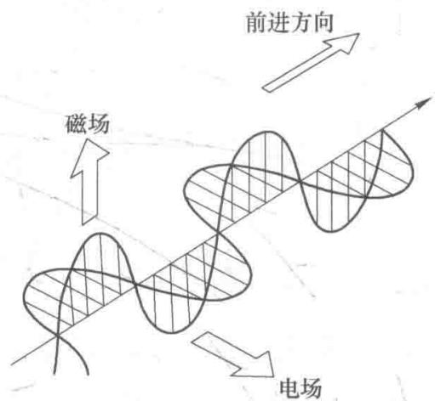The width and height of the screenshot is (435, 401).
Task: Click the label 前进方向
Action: [289, 22]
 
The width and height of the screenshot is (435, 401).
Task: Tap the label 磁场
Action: [88, 124]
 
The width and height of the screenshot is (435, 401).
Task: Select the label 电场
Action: [300, 387]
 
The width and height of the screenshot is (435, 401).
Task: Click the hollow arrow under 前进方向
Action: [311, 62]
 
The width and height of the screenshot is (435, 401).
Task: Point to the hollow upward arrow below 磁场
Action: [89, 182]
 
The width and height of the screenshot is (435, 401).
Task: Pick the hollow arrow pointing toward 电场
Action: [233, 355]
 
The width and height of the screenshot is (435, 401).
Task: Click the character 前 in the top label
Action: [256, 23]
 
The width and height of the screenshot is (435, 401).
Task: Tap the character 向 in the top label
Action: [323, 23]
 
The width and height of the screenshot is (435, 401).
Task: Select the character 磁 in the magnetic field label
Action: [76, 124]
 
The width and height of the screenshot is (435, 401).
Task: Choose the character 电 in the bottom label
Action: [289, 387]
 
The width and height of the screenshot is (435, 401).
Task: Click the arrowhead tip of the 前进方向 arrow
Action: [359, 33]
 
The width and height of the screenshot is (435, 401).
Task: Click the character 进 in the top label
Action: [278, 23]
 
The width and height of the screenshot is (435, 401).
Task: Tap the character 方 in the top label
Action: [300, 23]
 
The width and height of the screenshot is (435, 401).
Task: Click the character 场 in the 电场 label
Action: [311, 388]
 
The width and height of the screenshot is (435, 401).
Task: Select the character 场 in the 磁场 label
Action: [99, 124]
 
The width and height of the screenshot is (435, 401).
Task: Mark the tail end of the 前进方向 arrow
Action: [265, 89]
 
